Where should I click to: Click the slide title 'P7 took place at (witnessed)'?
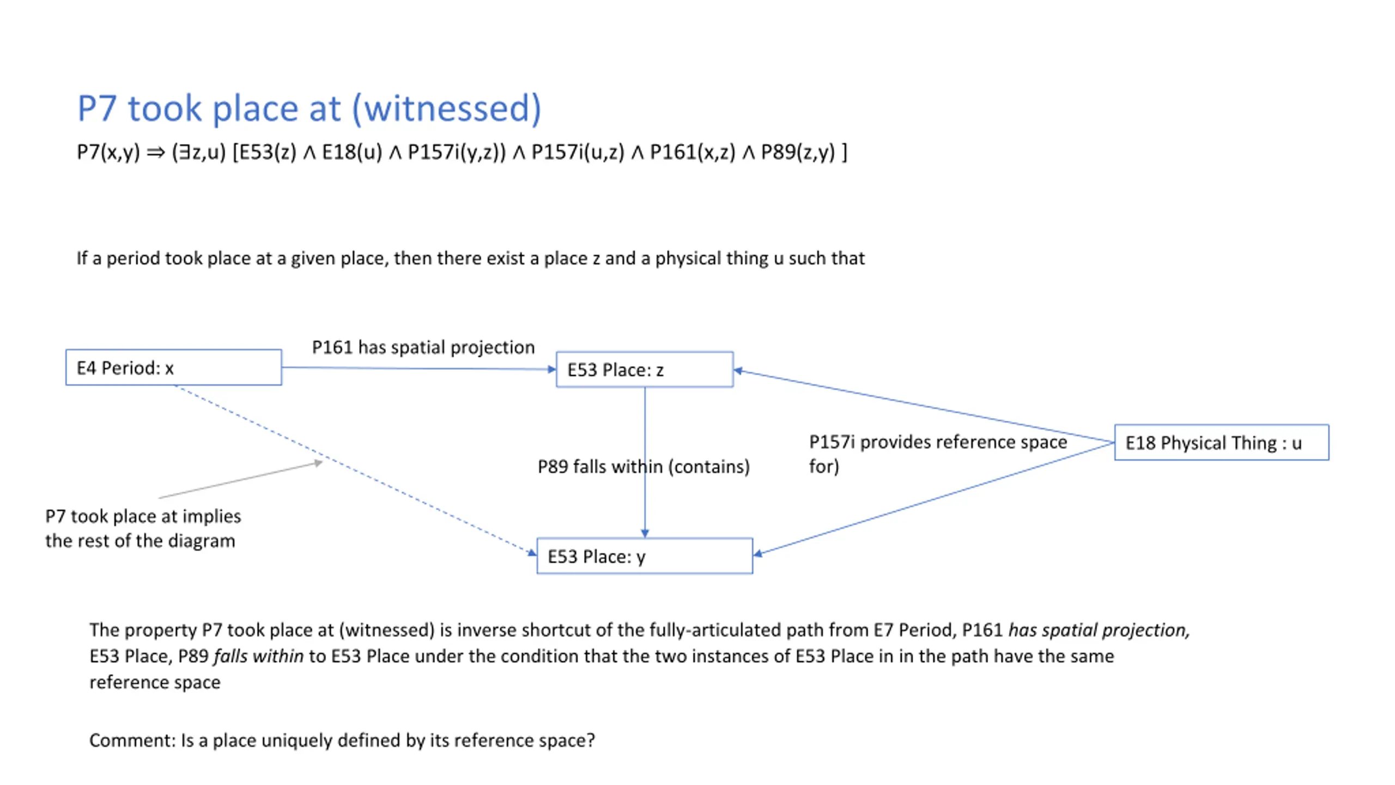(x=309, y=108)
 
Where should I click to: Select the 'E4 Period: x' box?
(x=173, y=368)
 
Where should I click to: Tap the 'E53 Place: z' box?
(x=644, y=370)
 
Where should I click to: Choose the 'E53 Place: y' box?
(x=644, y=557)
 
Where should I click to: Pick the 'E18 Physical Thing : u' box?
(x=1221, y=443)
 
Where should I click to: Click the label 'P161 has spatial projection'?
(x=423, y=347)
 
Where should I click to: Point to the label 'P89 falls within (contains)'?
(x=643, y=467)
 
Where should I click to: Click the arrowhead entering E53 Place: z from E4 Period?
(x=551, y=370)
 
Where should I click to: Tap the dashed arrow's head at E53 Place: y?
(x=532, y=553)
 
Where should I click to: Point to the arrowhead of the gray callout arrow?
(x=318, y=463)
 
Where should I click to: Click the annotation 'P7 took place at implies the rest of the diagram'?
(x=143, y=528)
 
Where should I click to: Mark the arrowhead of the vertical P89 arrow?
(x=645, y=533)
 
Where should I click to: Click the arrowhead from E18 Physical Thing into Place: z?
(x=739, y=371)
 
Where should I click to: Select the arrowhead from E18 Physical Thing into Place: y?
(x=758, y=554)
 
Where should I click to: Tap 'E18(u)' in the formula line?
(x=352, y=152)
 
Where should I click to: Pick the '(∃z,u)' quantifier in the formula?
(x=198, y=152)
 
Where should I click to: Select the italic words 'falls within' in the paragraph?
(x=258, y=656)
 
